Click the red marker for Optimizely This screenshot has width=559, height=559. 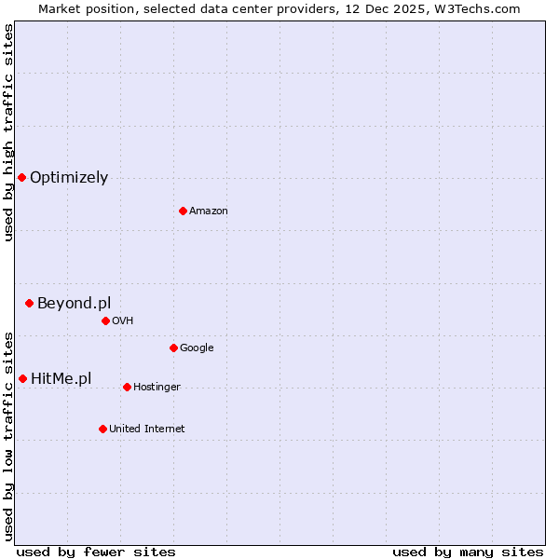(x=21, y=177)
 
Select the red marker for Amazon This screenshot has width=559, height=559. (x=183, y=211)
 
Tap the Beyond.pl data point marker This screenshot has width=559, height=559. (x=29, y=303)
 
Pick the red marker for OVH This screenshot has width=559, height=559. (x=105, y=320)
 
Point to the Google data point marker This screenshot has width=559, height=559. (x=173, y=348)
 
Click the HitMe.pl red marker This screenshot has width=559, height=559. (x=22, y=378)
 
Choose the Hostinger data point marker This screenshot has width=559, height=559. (x=127, y=387)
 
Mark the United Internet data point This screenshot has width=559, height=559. (x=102, y=429)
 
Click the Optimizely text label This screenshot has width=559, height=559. (x=69, y=177)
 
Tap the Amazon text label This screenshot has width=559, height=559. (x=209, y=211)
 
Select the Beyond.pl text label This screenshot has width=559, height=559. (x=74, y=303)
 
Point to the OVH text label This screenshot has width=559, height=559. (x=123, y=320)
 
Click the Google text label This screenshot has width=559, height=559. (x=197, y=348)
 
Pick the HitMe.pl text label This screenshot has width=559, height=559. (x=61, y=378)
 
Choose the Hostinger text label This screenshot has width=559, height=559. (x=157, y=387)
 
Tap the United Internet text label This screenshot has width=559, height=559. (x=147, y=429)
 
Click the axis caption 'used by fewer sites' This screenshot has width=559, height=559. (x=96, y=552)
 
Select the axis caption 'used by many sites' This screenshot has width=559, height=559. (x=468, y=552)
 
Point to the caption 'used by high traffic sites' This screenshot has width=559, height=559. (x=8, y=132)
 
